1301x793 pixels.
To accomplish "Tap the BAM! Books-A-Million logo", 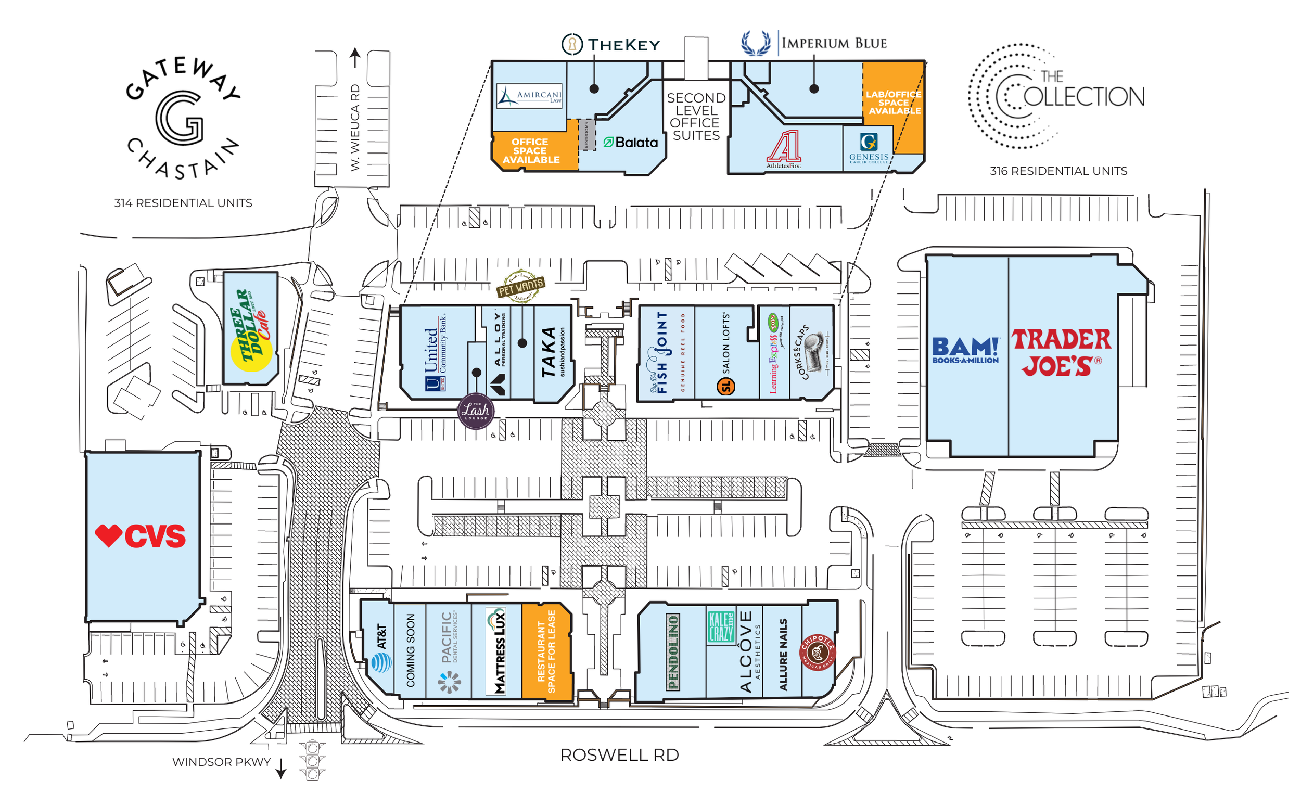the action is click(x=965, y=350).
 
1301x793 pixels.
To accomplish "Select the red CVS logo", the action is click(x=141, y=536).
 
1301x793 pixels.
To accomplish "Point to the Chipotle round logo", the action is click(x=818, y=653).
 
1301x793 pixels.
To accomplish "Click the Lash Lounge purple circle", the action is click(x=476, y=411).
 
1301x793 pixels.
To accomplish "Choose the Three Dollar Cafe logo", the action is click(x=251, y=330).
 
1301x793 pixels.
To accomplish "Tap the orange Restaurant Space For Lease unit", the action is click(x=546, y=651).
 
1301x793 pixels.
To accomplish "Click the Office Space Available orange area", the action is click(x=531, y=150).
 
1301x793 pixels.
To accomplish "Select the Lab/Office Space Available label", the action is click(x=894, y=103).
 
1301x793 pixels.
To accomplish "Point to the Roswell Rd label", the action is click(x=619, y=755).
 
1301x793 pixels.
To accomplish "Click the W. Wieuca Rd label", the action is click(x=355, y=127).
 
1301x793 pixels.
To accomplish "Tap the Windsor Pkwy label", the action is click(x=221, y=762).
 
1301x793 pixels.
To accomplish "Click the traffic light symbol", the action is click(x=313, y=760).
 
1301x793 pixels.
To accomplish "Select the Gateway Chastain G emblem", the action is click(x=180, y=117).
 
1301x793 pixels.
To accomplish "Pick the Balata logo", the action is click(x=630, y=143).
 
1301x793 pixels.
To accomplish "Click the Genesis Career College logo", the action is click(x=869, y=148).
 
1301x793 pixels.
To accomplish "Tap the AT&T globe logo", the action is click(x=381, y=662).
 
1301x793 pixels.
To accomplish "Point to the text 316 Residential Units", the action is click(x=1058, y=171).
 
